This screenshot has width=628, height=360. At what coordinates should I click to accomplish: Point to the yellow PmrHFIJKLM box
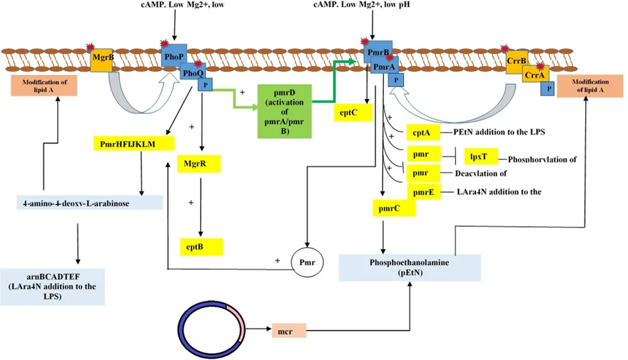click(x=131, y=144)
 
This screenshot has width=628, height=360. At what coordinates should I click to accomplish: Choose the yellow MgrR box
click(x=199, y=164)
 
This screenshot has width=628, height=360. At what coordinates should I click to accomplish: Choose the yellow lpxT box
click(x=481, y=156)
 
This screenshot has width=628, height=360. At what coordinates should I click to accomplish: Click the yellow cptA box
click(x=419, y=132)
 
